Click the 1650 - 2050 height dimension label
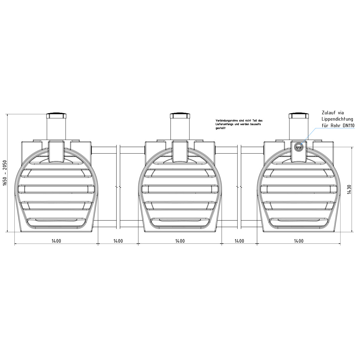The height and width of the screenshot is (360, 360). click(x=5, y=173)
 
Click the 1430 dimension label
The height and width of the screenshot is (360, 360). click(x=349, y=189)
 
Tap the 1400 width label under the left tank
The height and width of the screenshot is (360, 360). click(x=56, y=241)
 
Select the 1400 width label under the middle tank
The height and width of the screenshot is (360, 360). click(x=180, y=241)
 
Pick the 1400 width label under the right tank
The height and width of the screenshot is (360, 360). click(x=299, y=241)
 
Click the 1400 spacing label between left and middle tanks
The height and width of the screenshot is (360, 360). click(x=118, y=241)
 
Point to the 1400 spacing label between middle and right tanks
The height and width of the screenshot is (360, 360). click(x=239, y=241)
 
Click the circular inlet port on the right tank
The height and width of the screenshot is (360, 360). click(x=298, y=147)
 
